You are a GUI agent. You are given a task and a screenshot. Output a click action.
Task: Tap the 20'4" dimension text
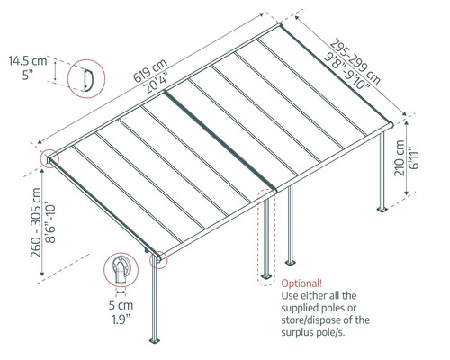click(x=153, y=68)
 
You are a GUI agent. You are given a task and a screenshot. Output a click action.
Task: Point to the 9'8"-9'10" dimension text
click(x=345, y=70)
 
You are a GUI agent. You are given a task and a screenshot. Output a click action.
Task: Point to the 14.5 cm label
click(x=28, y=61)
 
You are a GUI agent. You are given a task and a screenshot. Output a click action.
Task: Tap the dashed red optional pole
click(x=265, y=238)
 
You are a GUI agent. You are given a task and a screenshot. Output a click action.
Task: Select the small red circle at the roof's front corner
click(x=158, y=259)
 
